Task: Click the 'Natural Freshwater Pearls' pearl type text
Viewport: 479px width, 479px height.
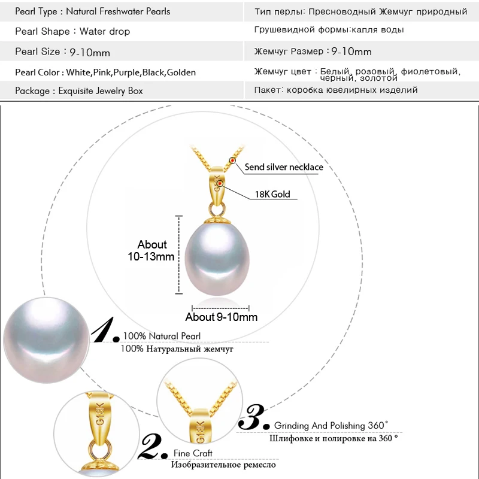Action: click(x=118, y=11)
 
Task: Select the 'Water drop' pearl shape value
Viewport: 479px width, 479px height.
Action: click(x=105, y=31)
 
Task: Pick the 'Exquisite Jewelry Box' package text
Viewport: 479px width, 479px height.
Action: click(x=101, y=91)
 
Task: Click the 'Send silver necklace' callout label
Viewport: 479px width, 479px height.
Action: click(x=284, y=168)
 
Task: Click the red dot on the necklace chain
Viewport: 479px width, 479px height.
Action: click(x=232, y=160)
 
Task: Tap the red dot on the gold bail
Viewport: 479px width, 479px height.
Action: click(x=220, y=183)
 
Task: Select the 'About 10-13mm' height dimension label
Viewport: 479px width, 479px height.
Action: click(x=152, y=250)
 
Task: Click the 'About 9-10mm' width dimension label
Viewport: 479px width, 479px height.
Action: click(x=222, y=317)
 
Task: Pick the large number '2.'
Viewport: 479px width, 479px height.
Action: click(x=154, y=446)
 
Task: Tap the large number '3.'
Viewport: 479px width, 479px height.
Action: click(x=254, y=417)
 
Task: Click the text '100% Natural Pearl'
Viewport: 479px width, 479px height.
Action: click(x=162, y=336)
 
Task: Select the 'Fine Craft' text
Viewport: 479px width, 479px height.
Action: click(x=193, y=453)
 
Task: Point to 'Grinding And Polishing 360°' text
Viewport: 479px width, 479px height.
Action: click(x=331, y=426)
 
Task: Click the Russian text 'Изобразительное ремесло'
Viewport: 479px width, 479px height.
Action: click(x=223, y=465)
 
